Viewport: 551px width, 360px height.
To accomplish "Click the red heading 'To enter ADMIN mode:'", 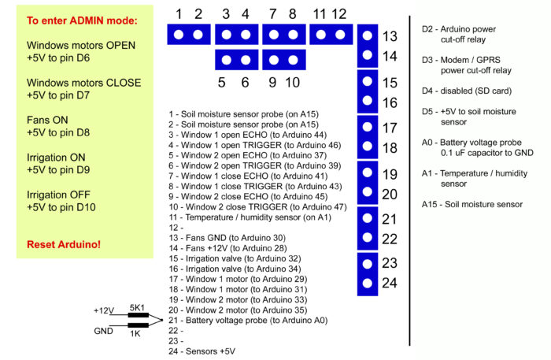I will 82,20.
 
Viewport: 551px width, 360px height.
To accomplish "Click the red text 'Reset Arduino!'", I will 64,244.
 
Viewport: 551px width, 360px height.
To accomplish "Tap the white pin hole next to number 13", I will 367,36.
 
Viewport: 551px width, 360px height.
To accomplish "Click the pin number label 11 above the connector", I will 319,13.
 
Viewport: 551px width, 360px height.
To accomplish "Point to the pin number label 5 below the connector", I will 222,82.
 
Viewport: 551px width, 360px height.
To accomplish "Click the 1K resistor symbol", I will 138,325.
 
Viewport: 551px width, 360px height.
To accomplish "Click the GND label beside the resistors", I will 103,331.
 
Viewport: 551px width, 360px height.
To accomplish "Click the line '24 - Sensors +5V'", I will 202,351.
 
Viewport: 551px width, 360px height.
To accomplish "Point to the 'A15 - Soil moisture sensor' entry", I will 471,205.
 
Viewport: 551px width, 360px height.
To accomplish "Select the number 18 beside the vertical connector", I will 390,148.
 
